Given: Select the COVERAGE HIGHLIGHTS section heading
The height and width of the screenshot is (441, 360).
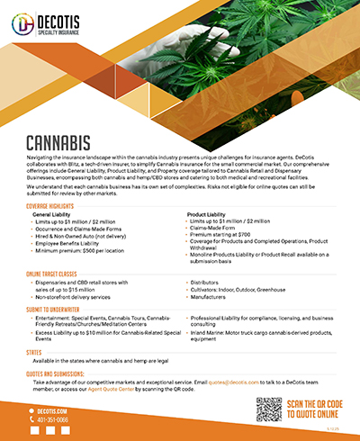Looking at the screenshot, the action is (x=55, y=206).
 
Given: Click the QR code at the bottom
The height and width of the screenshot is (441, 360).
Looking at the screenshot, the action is (x=268, y=409).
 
